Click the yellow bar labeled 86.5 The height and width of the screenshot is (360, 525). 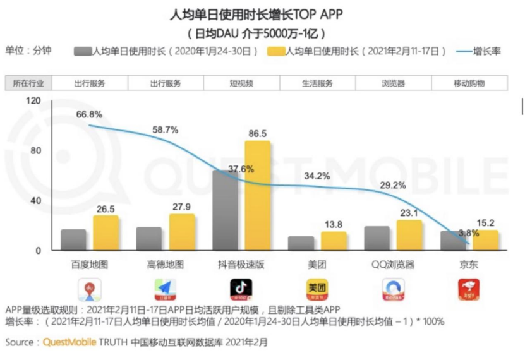tap(257, 196)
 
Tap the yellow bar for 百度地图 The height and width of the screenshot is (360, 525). tap(106, 233)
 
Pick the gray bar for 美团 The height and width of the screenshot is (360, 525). tap(301, 243)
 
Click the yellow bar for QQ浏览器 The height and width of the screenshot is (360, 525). tap(409, 235)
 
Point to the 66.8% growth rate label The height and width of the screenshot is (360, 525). tap(89, 114)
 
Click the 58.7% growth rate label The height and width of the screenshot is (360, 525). tap(165, 129)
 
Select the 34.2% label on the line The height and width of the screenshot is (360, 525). tap(317, 176)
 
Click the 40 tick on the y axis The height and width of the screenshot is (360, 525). tap(34, 201)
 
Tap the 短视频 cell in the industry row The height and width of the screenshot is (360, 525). tap(241, 83)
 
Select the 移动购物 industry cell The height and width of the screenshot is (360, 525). tap(469, 83)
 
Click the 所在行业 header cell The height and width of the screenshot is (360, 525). tap(29, 83)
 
